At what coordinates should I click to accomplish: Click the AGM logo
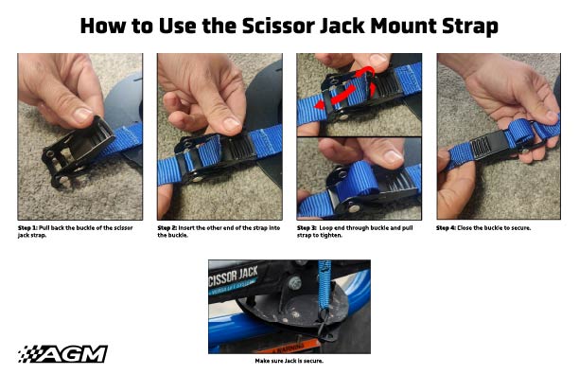pyautogui.click(x=62, y=353)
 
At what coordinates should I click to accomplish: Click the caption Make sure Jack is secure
pyautogui.click(x=289, y=361)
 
